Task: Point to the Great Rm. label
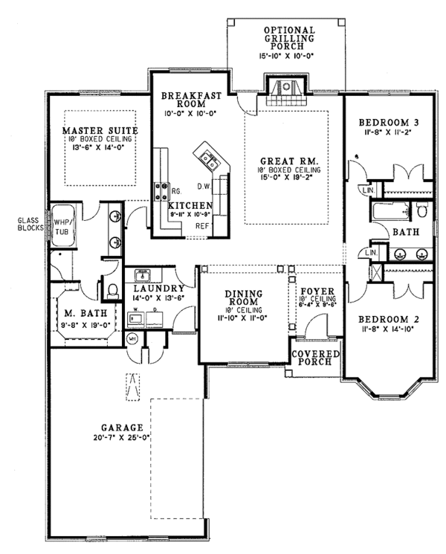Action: click(289, 161)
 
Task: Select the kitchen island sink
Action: click(207, 158)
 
